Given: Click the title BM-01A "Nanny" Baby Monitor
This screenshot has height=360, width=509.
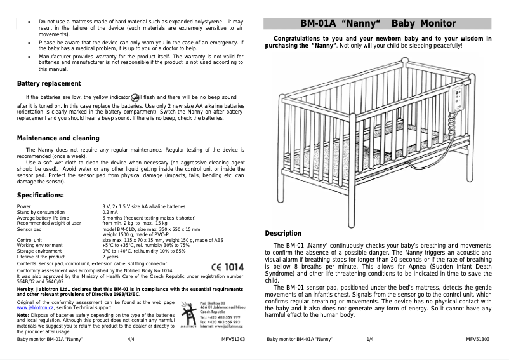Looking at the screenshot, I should point(378,24).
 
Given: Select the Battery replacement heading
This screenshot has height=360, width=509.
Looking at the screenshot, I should point(49,84).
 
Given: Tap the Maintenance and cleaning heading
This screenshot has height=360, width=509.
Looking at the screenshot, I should point(58,138).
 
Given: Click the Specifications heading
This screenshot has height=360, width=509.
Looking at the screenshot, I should point(40,195).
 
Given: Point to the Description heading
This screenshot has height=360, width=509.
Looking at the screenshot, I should point(282,234).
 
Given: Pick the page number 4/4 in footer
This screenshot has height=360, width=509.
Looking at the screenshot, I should point(131,340).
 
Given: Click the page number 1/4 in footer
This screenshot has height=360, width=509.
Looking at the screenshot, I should point(371,340).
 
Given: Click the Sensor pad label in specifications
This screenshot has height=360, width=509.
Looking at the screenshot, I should point(30,228).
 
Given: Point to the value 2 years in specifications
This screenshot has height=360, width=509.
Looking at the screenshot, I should point(111,257).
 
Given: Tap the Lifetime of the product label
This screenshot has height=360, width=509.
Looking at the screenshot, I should point(41,257).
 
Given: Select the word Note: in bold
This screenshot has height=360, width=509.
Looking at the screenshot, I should point(23,316).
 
